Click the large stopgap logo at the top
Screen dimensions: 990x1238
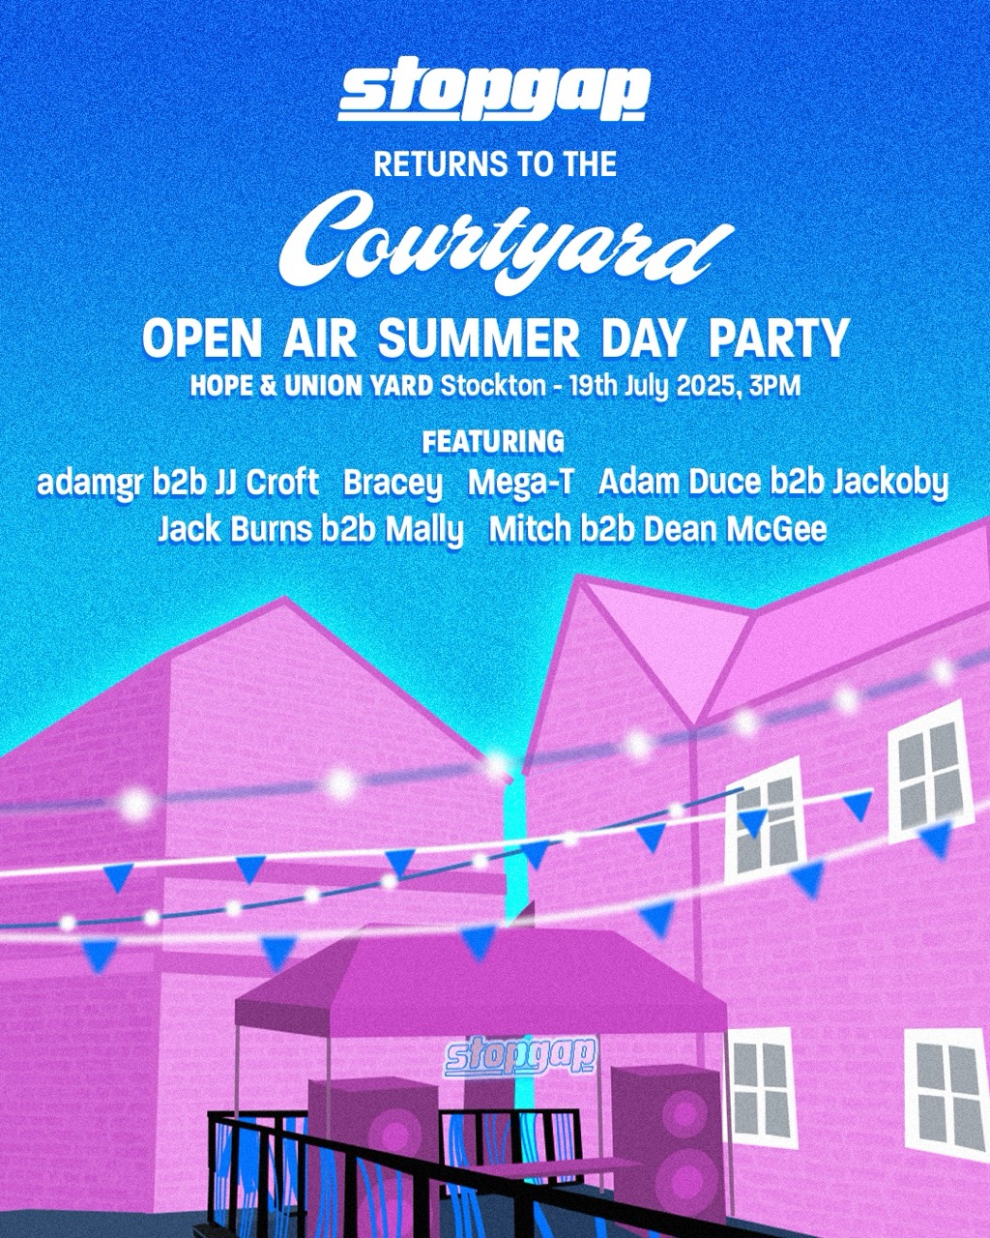tap(494, 89)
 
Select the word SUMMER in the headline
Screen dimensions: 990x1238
tap(480, 339)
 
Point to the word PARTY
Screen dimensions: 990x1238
tap(779, 339)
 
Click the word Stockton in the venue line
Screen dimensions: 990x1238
tap(493, 387)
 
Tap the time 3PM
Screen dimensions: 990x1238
tap(775, 387)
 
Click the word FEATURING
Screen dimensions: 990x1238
tap(494, 442)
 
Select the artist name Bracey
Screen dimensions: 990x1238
tap(393, 484)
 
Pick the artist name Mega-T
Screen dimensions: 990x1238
tap(520, 483)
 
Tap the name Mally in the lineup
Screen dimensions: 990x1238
tap(424, 531)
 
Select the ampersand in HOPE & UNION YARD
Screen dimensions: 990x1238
tap(268, 387)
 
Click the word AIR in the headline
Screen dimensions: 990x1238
tap(320, 339)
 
